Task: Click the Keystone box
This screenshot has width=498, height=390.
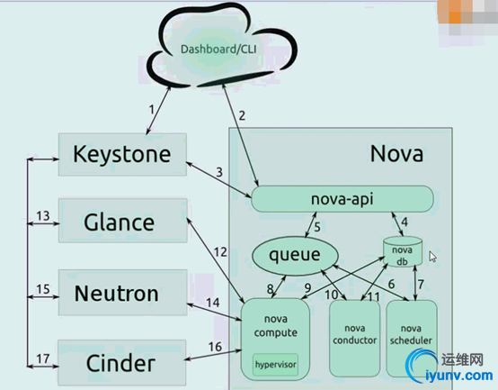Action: pyautogui.click(x=122, y=155)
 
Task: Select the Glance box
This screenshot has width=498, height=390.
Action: pyautogui.click(x=122, y=221)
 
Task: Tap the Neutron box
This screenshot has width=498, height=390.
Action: pyautogui.click(x=122, y=293)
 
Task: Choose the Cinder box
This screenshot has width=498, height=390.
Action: pyautogui.click(x=121, y=363)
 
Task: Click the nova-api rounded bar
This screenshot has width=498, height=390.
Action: pyautogui.click(x=342, y=199)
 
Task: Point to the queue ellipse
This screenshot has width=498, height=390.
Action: pyautogui.click(x=295, y=256)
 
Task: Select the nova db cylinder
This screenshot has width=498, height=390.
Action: pyautogui.click(x=403, y=251)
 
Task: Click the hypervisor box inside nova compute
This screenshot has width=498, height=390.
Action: pyautogui.click(x=275, y=365)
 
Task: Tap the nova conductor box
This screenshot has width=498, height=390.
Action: pyautogui.click(x=355, y=339)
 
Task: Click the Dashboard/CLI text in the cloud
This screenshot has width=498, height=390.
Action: pyautogui.click(x=218, y=50)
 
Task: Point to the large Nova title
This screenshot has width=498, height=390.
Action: pyautogui.click(x=396, y=154)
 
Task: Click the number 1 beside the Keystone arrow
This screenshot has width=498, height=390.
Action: pyautogui.click(x=152, y=109)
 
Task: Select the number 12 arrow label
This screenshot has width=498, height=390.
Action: pyautogui.click(x=220, y=252)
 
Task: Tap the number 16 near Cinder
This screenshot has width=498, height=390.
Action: pyautogui.click(x=215, y=347)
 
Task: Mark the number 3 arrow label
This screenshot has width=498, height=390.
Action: pyautogui.click(x=219, y=172)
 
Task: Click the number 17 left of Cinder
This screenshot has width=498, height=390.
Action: pyautogui.click(x=43, y=358)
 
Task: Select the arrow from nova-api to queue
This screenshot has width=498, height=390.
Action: pyautogui.click(x=311, y=225)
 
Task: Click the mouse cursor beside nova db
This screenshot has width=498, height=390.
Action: pyautogui.click(x=432, y=257)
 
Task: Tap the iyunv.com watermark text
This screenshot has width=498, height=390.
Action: pyautogui.click(x=459, y=376)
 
